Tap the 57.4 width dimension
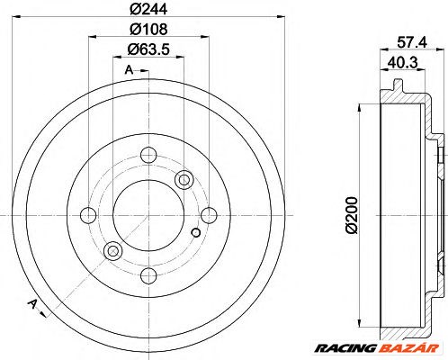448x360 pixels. pos(409,41)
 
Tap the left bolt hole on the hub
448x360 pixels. pos(87,215)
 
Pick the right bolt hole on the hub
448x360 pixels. pos(208,215)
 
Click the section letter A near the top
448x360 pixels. pos(129,70)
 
